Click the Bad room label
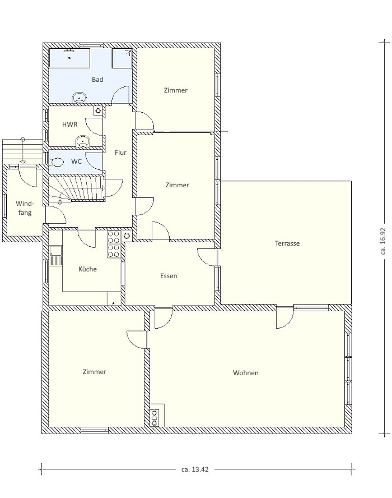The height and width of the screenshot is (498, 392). [x=97, y=80]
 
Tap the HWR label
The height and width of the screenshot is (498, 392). [x=70, y=124]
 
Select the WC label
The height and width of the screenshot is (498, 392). [x=76, y=162]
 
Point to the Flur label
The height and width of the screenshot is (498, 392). [x=120, y=153]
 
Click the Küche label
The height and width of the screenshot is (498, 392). [x=87, y=269]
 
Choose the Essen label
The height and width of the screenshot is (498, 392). [x=169, y=276]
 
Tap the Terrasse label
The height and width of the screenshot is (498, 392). [x=287, y=243]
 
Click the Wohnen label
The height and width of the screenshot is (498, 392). [x=245, y=372]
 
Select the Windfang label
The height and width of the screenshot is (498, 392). [x=25, y=208]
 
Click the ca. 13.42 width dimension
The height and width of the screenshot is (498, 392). [x=195, y=469]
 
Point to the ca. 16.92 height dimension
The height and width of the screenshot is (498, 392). [x=383, y=241]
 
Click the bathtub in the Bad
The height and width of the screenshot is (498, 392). [x=69, y=58]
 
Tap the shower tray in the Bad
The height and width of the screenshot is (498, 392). [x=122, y=58]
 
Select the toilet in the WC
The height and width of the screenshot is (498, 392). [x=56, y=162]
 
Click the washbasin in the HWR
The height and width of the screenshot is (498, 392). [x=83, y=141]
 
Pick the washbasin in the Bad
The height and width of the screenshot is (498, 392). [x=80, y=98]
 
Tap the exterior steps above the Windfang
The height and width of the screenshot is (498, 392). [x=22, y=150]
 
